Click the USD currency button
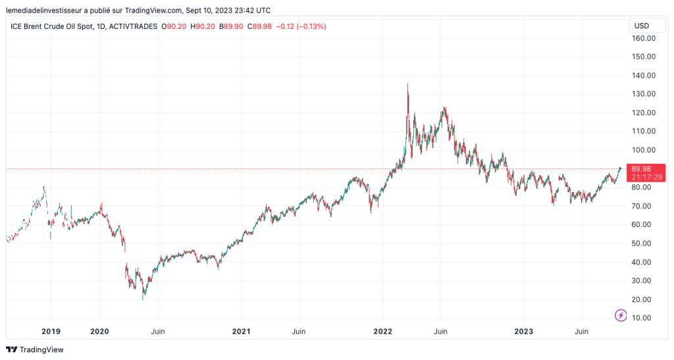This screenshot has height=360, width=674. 641,26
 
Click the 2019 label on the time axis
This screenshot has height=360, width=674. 51,331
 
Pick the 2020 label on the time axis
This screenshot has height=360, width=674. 99,331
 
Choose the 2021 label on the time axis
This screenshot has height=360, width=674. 242,331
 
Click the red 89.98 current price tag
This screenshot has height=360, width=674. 640,168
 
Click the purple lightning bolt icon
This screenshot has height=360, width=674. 621,316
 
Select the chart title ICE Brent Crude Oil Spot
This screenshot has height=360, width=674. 52,26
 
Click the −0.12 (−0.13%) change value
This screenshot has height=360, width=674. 302,26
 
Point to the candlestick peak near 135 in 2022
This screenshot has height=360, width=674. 407,85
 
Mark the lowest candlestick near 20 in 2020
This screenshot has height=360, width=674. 143,298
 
